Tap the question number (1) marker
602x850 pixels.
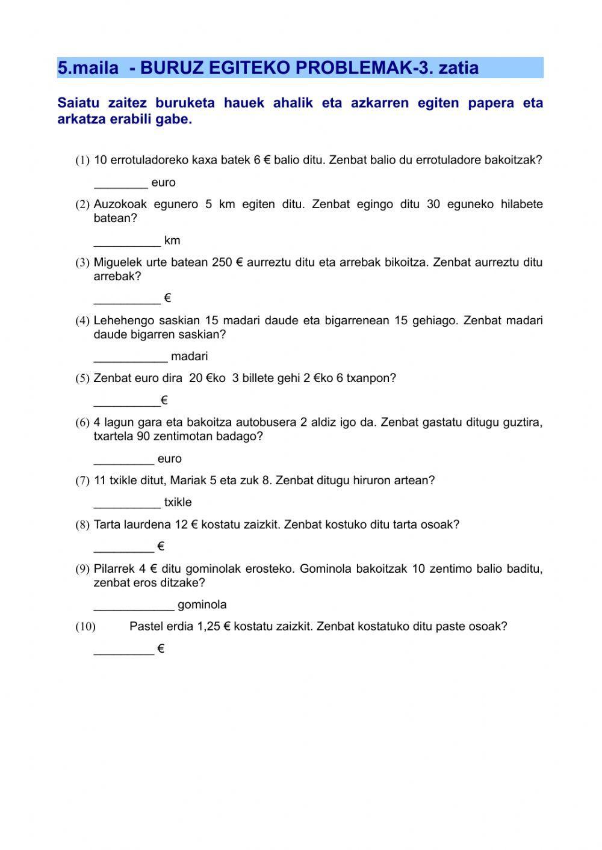(x=82, y=161)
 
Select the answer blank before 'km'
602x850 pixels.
(x=127, y=241)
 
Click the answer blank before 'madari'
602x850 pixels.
(x=131, y=357)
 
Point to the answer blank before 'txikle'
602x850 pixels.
(x=127, y=503)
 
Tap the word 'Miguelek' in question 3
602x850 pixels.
(x=116, y=262)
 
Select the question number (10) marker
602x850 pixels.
(x=85, y=627)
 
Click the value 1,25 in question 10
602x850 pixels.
(x=208, y=626)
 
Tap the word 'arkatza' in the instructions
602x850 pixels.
(x=81, y=119)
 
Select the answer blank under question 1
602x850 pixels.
(x=120, y=183)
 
